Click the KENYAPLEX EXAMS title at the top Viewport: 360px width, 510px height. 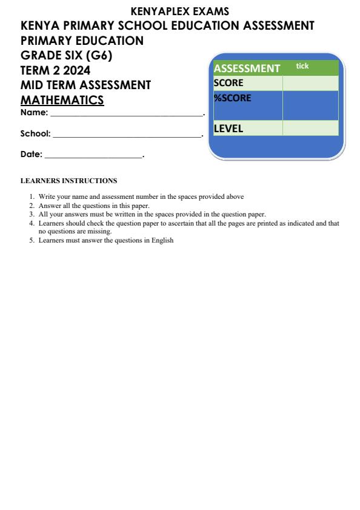180,11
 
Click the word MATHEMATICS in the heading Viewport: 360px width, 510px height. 62,100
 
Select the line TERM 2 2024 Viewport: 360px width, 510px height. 55,70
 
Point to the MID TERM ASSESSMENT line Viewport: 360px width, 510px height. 85,86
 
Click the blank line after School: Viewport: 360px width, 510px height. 127,136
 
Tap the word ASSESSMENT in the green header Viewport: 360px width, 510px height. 247,69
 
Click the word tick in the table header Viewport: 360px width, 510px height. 302,66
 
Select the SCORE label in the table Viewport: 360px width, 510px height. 228,83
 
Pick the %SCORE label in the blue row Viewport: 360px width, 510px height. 232,98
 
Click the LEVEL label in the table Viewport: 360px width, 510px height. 228,129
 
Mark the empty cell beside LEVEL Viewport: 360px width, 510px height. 310,129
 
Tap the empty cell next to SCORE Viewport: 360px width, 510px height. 310,83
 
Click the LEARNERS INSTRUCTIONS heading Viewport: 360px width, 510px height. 68,181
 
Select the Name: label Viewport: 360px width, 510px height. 34,113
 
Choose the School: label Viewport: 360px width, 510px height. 35,134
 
